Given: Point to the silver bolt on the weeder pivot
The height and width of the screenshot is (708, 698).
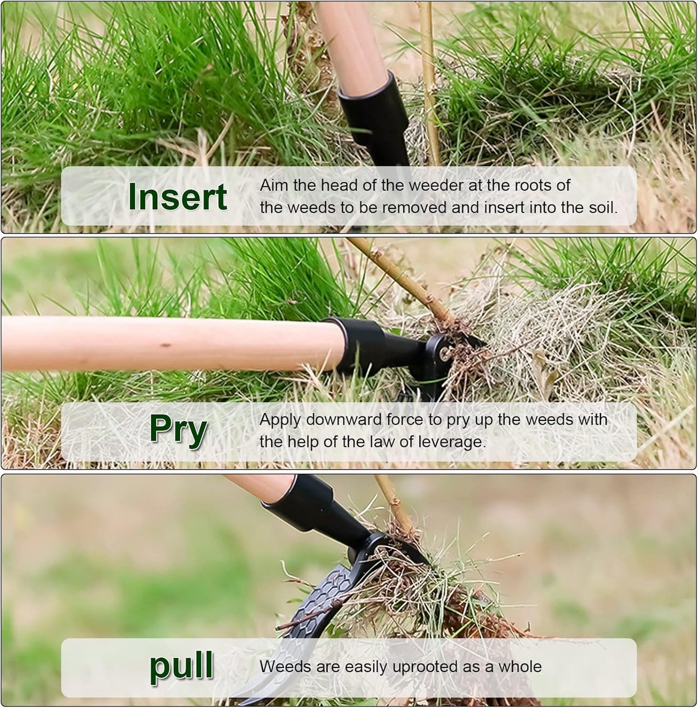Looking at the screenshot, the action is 445,354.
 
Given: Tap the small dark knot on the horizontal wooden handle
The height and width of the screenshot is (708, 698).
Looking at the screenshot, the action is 166,345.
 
